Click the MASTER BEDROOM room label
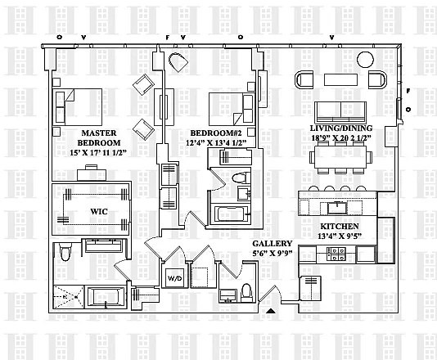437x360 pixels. coord(99,137)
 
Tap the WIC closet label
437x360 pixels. coord(99,211)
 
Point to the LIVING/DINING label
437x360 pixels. coord(341,128)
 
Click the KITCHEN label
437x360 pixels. coord(339,227)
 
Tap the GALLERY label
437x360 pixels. coord(272,244)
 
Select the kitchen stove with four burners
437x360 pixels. coord(336,254)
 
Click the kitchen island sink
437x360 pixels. coord(337,208)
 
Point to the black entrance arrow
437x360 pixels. coord(271,311)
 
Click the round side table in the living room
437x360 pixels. coord(365,60)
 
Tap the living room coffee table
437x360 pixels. coord(340,79)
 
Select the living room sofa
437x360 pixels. coord(340,113)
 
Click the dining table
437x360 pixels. coord(340,157)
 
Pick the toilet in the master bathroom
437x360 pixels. coord(65,252)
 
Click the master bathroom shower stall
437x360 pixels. coord(69,297)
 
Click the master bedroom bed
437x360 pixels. coord(78,106)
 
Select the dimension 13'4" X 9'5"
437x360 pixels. coord(340,236)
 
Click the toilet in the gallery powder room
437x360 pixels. coord(246,293)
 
